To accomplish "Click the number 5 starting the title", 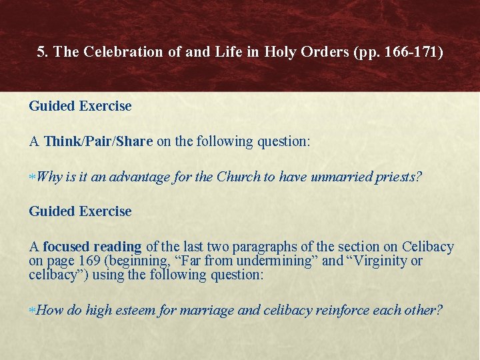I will click(x=42, y=52).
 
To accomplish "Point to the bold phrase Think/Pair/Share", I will click(x=99, y=141).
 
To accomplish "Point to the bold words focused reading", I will click(x=92, y=247).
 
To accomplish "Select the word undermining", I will click(x=282, y=261).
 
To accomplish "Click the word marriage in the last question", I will click(x=193, y=310).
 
